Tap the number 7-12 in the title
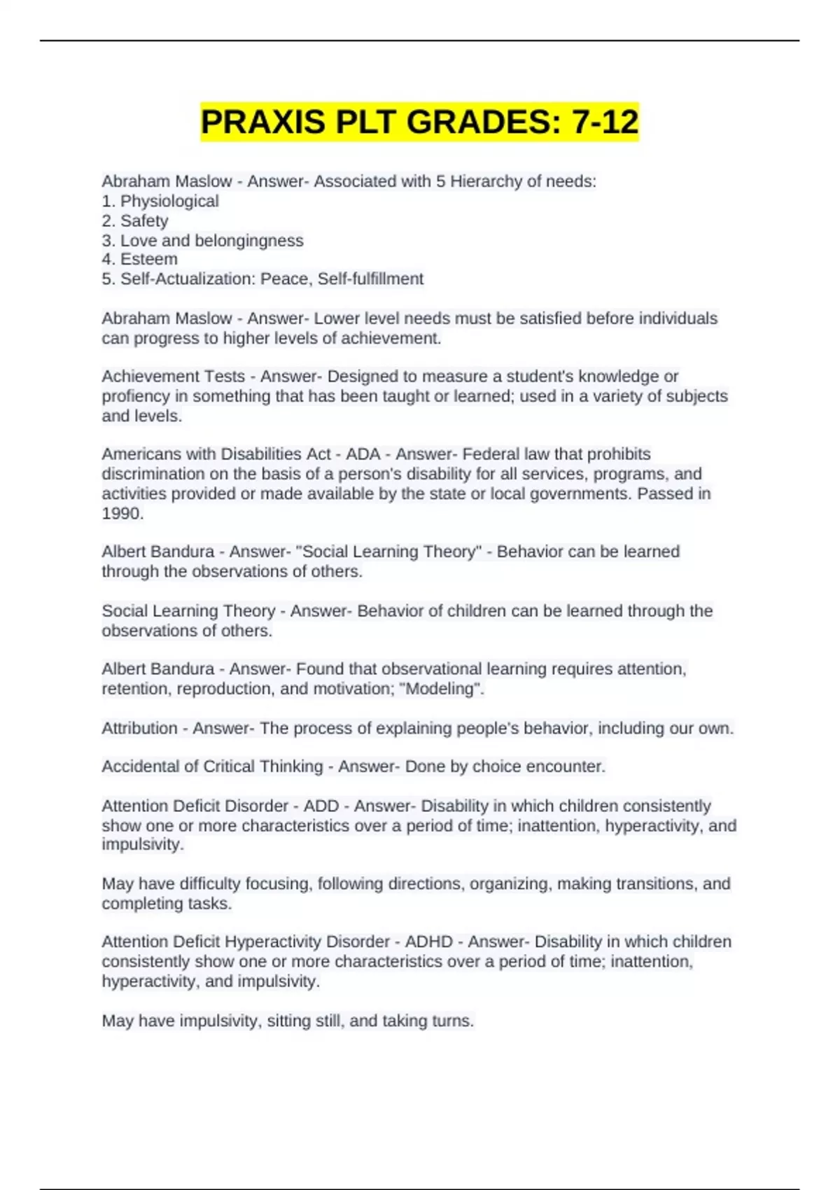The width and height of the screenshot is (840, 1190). pos(605,122)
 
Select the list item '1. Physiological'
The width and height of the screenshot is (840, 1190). pos(160,202)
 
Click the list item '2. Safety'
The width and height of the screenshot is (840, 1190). pos(135,221)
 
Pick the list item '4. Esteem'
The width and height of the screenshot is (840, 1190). pos(139,259)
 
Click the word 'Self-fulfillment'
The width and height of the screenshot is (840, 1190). pos(370,279)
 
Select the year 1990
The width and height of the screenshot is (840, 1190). pos(121,514)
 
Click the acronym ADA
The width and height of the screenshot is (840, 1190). pos(363,454)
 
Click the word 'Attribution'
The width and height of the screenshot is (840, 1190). pos(139,729)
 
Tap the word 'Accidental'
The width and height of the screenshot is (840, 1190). pos(140,767)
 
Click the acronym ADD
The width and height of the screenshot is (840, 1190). pos(321,806)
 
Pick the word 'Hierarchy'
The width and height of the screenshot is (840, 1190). pos(485,182)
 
